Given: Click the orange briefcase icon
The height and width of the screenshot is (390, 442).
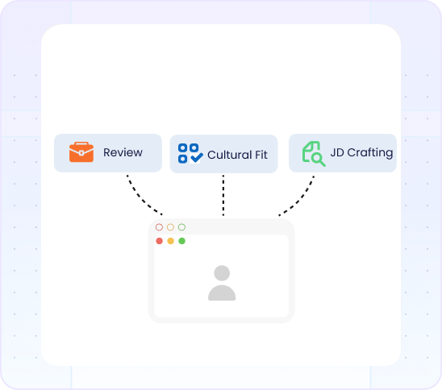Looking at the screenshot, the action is (x=81, y=152).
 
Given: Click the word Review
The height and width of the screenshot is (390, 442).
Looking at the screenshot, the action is (x=123, y=152).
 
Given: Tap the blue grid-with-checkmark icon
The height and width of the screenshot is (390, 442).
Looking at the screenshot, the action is (x=190, y=153).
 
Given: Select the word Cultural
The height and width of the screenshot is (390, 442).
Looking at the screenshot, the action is (x=229, y=155).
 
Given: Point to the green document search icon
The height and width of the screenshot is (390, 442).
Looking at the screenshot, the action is (x=314, y=154).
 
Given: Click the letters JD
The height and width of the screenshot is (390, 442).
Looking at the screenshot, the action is (x=337, y=152).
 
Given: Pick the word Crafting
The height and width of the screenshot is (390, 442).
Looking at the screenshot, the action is (x=370, y=153).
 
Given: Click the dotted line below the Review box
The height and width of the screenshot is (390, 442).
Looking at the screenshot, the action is (x=141, y=198).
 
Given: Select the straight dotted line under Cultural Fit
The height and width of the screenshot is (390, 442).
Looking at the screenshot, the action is (x=223, y=195).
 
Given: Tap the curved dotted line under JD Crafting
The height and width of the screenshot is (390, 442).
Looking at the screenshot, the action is (x=300, y=199).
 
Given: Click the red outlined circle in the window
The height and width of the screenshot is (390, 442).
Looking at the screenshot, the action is (x=159, y=227).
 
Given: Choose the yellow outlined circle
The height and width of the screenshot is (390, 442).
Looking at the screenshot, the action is (x=170, y=227).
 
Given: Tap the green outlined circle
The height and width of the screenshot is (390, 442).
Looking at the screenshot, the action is (x=181, y=227).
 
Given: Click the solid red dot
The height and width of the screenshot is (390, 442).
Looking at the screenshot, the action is (x=159, y=241).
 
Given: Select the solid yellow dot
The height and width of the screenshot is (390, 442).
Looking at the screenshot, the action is (x=170, y=241).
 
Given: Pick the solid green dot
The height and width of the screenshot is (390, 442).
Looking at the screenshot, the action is (x=181, y=241).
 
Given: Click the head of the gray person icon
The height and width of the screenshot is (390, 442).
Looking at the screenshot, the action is (x=222, y=273).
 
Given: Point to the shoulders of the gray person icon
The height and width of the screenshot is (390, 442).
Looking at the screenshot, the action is (x=222, y=292).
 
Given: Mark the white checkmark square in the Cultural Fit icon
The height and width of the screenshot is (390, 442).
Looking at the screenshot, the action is (x=194, y=158).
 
